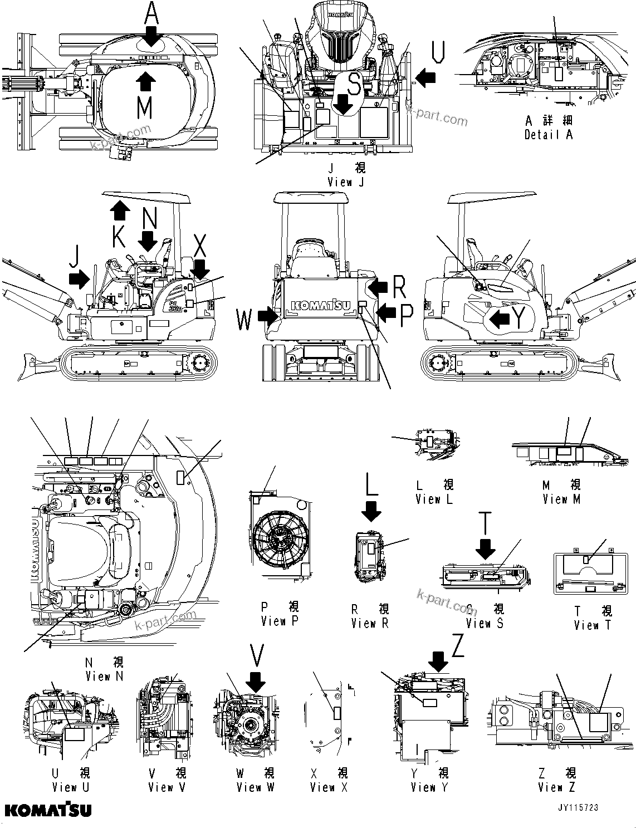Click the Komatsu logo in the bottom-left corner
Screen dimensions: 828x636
48,809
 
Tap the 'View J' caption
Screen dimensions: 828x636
346,182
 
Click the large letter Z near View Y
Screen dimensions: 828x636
458,647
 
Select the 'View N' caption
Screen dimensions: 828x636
104,677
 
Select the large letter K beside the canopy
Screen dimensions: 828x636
119,237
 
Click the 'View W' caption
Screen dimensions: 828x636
255,787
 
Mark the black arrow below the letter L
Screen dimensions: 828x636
371,511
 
